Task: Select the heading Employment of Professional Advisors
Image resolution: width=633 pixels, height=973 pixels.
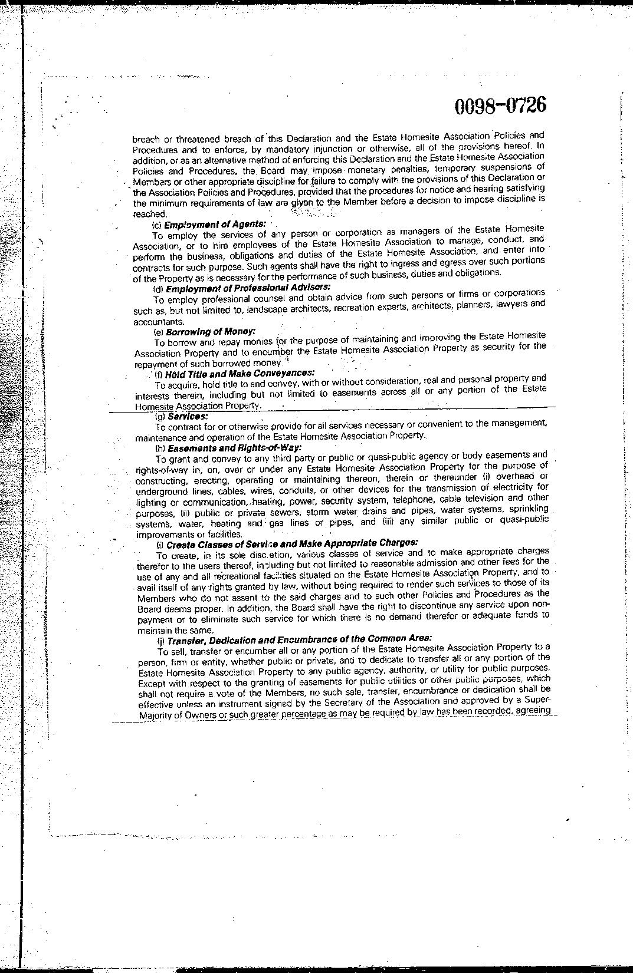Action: tap(248, 288)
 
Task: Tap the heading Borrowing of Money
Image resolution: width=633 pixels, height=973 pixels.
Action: tap(211, 332)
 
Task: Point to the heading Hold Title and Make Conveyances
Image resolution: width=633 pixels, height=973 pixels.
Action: tap(240, 374)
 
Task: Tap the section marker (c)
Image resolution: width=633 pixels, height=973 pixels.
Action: tap(157, 225)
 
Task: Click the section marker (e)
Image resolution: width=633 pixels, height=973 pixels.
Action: tap(158, 332)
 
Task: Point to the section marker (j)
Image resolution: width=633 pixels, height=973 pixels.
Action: tap(160, 640)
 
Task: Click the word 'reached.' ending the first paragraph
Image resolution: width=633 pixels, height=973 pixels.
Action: tap(146, 215)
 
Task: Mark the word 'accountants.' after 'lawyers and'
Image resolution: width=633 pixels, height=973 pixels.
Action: tap(150, 322)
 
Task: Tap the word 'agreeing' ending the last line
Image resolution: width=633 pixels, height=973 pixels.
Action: tap(533, 710)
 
